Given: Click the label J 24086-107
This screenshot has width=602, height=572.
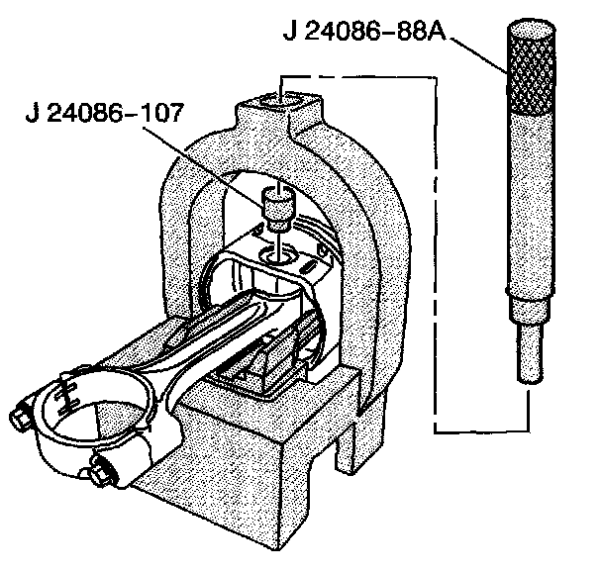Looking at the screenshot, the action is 105,112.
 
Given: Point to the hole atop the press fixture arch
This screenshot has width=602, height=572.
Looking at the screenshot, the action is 284,98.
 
